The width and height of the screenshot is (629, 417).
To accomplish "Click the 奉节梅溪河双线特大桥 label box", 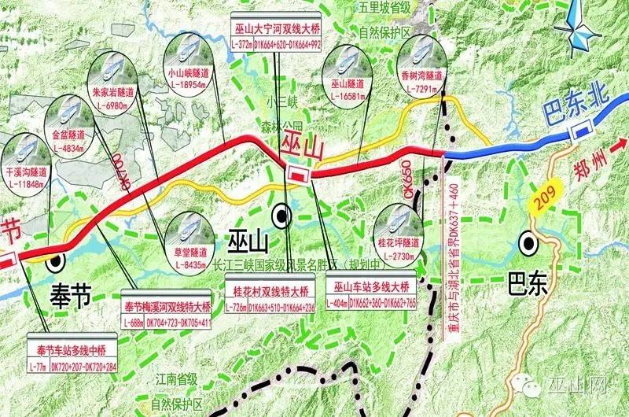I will (x=168, y=313).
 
